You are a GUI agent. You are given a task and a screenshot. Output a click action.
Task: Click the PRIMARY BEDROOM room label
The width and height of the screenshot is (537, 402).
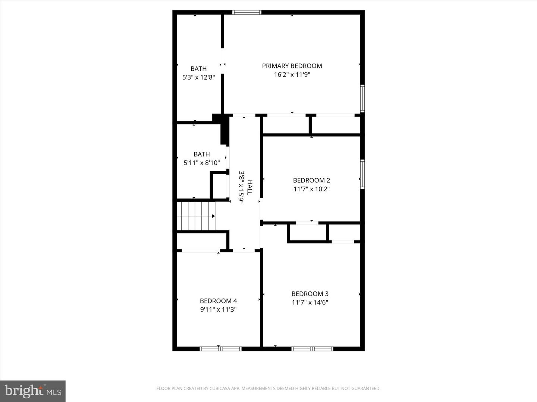[x=292, y=66]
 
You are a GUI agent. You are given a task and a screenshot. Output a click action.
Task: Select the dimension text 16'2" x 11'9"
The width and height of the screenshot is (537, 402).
[x=292, y=75]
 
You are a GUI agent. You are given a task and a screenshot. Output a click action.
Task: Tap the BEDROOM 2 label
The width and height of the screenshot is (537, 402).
[x=311, y=181]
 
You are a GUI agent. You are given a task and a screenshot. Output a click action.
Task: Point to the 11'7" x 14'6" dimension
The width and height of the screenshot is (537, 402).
[x=310, y=303]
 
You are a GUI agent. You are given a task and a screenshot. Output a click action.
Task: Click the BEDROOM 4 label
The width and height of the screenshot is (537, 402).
[x=218, y=301]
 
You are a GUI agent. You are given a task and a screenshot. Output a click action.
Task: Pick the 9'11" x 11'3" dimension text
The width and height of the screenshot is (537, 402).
[x=218, y=310]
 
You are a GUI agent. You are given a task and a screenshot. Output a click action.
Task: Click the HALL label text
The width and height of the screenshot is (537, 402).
[x=250, y=187]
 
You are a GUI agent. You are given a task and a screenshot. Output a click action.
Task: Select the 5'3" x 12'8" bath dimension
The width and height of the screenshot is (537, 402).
[x=198, y=77]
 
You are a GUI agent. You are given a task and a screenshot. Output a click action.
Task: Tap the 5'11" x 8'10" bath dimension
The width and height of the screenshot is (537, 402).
[x=201, y=163]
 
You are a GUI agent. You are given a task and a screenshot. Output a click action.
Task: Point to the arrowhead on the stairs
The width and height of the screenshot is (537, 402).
[x=213, y=216]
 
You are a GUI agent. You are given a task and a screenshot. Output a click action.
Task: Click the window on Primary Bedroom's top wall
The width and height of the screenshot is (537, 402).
[x=246, y=12]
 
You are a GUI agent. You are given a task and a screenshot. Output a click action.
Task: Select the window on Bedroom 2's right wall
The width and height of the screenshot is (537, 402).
[x=362, y=174]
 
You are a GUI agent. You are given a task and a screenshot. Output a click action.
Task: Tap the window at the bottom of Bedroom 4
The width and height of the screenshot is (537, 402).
[x=220, y=349]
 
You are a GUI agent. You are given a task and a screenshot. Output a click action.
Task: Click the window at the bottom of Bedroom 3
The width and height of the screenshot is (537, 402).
[x=312, y=349]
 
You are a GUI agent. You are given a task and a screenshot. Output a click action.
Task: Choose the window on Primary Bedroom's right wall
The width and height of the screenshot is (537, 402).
[x=362, y=99]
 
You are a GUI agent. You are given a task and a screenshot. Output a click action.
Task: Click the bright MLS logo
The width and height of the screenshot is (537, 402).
[x=33, y=391]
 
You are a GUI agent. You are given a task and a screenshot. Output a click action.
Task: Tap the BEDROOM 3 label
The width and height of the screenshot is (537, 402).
[x=310, y=294]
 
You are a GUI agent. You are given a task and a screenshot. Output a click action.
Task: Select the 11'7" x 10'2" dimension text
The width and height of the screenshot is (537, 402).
[x=311, y=189]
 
